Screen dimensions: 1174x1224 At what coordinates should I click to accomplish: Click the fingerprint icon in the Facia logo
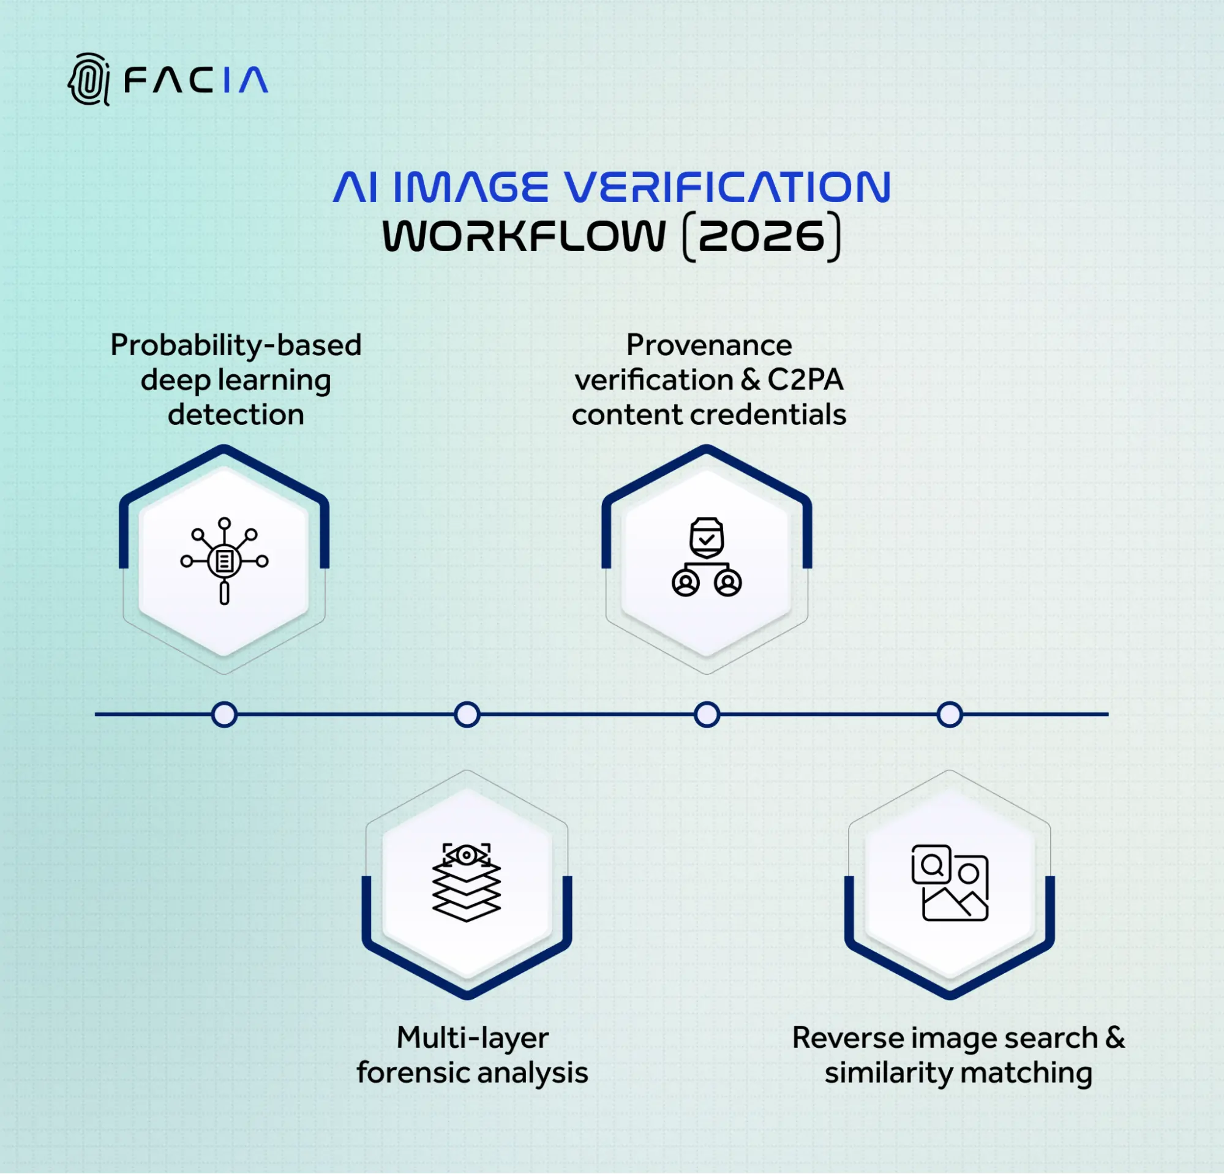tap(89, 79)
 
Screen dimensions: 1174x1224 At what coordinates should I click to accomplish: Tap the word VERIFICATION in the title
tap(727, 187)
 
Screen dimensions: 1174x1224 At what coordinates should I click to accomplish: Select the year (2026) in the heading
tap(762, 236)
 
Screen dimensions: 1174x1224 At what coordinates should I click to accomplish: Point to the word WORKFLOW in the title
tap(524, 236)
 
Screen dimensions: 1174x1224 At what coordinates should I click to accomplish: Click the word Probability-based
tap(236, 345)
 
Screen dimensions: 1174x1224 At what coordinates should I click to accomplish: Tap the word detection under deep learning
tap(236, 415)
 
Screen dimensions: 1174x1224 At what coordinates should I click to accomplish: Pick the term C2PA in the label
tap(805, 380)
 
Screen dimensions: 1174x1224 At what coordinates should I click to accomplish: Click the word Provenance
tap(709, 345)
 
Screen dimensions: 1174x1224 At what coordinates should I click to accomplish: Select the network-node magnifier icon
tap(224, 561)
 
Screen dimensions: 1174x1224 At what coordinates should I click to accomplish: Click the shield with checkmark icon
tap(707, 538)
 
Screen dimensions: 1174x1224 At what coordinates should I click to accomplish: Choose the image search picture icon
tap(949, 882)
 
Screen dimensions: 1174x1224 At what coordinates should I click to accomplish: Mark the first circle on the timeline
tap(224, 715)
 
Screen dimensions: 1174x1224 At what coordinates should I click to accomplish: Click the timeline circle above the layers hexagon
tap(467, 715)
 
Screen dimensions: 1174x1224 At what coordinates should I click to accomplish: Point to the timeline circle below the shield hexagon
tap(707, 715)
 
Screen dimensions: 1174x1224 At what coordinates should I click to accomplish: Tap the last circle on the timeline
tap(949, 715)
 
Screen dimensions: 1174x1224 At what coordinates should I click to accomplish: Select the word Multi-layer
tap(472, 1038)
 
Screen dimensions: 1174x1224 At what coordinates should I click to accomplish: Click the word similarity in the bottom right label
tap(887, 1073)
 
